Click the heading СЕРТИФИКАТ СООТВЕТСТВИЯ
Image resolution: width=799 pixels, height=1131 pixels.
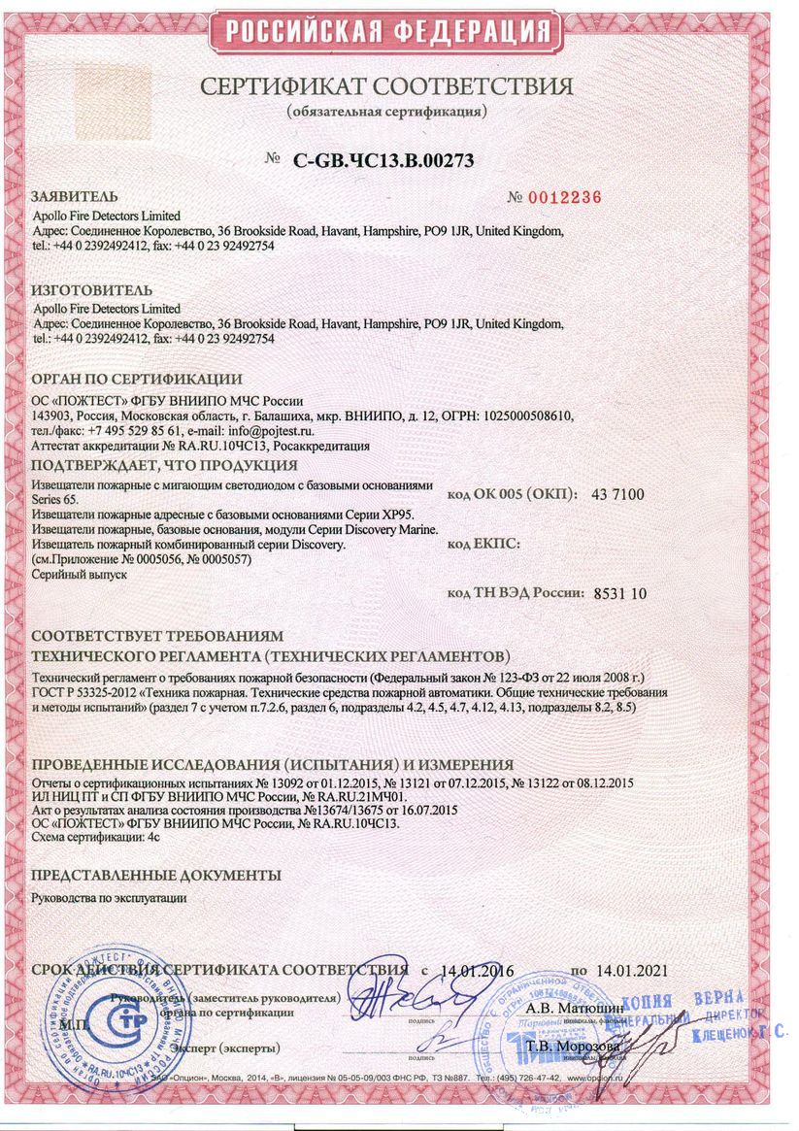(x=386, y=86)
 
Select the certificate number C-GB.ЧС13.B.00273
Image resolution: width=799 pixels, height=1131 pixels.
(x=383, y=161)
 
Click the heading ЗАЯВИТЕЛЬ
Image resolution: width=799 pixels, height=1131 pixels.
(x=76, y=195)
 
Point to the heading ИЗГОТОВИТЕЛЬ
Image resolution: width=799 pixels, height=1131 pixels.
(x=92, y=290)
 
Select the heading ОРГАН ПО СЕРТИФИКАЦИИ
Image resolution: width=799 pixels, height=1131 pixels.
(x=137, y=379)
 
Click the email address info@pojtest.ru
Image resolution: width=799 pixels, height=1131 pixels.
(x=265, y=430)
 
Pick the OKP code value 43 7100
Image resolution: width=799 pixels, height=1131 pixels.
(x=617, y=494)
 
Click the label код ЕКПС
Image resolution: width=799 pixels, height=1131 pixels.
(x=484, y=544)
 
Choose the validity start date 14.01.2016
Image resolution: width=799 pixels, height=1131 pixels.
(x=477, y=970)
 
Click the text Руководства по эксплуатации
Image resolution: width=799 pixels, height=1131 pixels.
(x=110, y=898)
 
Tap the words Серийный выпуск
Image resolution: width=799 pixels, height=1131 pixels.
(x=80, y=574)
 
